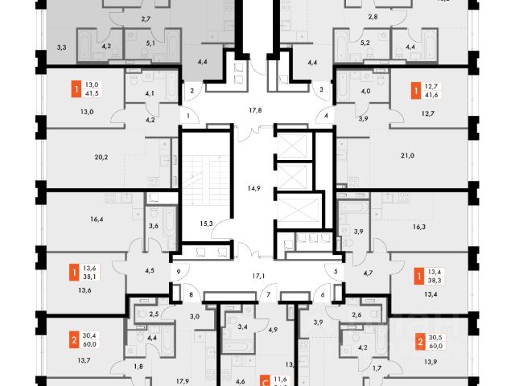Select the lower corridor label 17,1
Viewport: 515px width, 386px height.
(x=258, y=275)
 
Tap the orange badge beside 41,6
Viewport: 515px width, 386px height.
(x=414, y=89)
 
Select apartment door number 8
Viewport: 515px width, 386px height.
(x=191, y=295)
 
